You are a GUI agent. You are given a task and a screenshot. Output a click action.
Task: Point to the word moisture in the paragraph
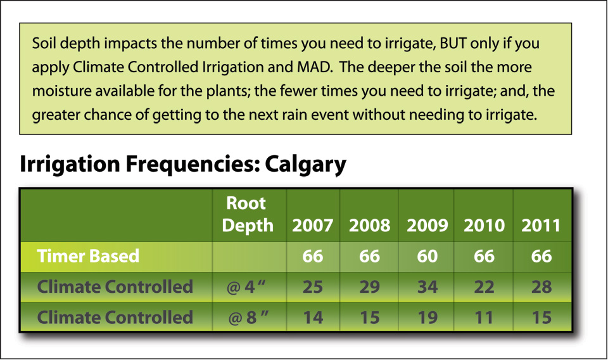[x=61, y=91]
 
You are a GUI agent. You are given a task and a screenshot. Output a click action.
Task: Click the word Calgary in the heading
[x=305, y=165]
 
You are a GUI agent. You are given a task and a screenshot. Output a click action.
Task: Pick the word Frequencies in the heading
[x=193, y=164]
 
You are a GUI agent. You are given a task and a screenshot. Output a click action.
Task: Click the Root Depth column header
[x=248, y=214]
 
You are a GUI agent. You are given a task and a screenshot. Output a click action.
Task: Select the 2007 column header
[x=312, y=226]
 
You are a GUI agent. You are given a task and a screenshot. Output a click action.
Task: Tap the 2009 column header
[x=427, y=226]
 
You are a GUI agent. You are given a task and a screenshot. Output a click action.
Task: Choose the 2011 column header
[x=541, y=226]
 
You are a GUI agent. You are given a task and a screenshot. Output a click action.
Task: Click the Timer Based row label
[x=88, y=256]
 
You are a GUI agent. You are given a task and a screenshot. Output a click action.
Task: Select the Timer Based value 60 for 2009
[x=427, y=257]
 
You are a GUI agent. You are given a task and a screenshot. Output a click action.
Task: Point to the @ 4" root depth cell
[x=246, y=287]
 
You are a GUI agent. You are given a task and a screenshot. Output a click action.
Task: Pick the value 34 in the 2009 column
[x=427, y=287]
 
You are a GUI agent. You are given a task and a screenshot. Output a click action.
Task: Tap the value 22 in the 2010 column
[x=484, y=287]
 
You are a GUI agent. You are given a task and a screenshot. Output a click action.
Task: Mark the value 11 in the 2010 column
[x=484, y=318]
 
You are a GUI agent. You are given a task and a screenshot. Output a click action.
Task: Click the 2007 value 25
[x=312, y=287]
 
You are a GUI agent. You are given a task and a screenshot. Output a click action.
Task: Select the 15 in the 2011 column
[x=541, y=318]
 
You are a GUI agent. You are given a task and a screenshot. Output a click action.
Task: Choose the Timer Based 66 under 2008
[x=369, y=257]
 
